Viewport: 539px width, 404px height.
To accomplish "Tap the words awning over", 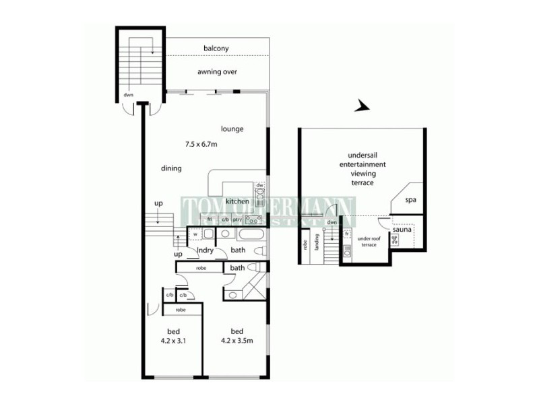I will coord(217,71).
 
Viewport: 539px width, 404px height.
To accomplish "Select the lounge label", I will coord(232,129).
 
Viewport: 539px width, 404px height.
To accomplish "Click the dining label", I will coord(171,168).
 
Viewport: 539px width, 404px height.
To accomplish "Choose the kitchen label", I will coord(238,201).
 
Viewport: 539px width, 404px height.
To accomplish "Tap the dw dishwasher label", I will coord(259,184).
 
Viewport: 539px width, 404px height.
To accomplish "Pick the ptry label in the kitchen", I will coord(237,219).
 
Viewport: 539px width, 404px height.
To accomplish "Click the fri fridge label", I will coord(210,219).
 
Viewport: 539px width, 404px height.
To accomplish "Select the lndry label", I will coord(205,250).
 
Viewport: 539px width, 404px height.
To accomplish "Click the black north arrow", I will coord(363,106).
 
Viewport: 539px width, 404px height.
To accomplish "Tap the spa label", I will coord(410,201).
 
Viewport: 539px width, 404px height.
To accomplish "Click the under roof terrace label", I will coord(369,242).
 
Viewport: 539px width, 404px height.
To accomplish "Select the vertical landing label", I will coord(316,244).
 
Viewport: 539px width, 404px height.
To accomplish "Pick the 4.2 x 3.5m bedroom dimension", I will coord(236,341).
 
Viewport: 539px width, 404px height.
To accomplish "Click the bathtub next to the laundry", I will coord(242,235).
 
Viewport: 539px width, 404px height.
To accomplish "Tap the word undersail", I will coord(362,154).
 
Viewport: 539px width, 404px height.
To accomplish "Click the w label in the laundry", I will coord(195,234).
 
